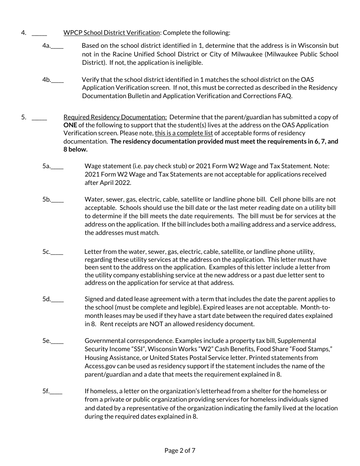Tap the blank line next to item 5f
pos(56,393)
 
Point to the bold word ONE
pos(70,125)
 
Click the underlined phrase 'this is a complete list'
pos(184,133)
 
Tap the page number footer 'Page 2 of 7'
pos(180,450)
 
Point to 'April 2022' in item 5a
pos(115,183)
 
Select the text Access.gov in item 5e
pos(99,366)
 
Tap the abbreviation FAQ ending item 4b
pos(285,96)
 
